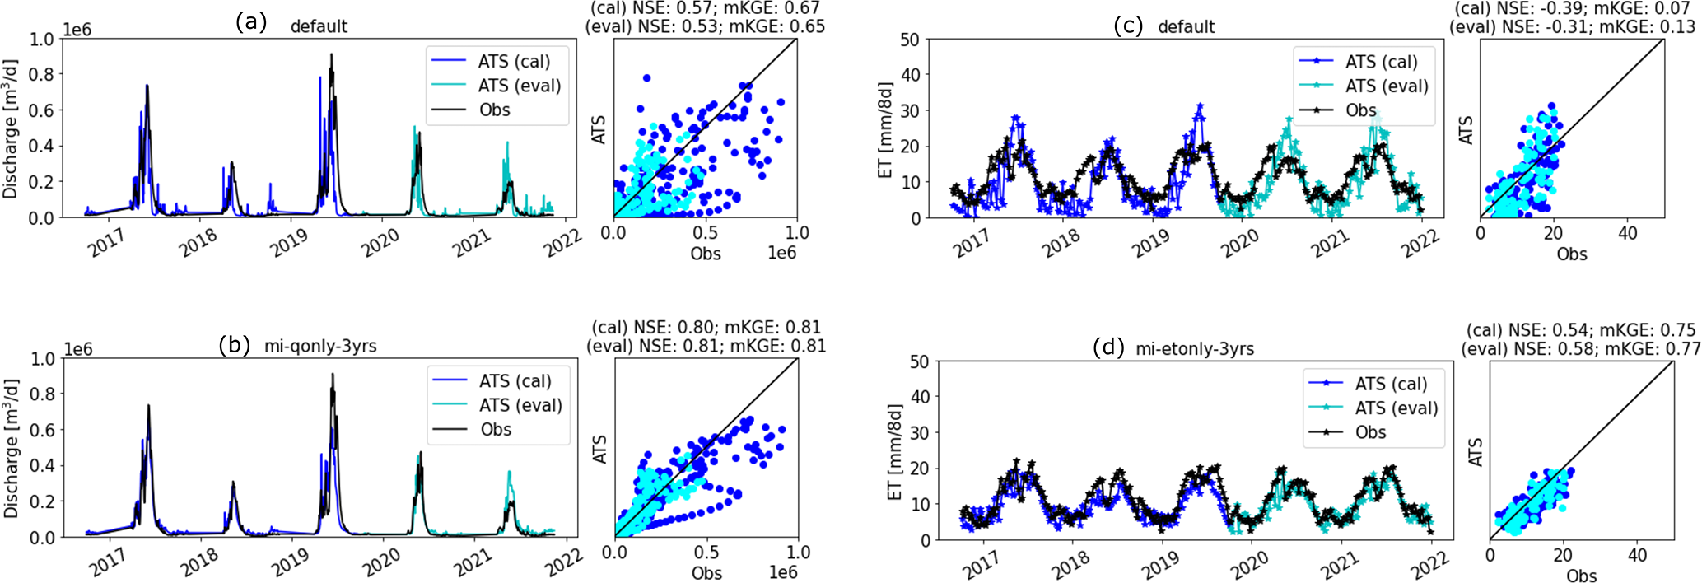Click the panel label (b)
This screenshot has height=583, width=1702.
(235, 344)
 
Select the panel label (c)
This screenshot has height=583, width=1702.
(1127, 26)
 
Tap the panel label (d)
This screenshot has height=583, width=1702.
(1109, 347)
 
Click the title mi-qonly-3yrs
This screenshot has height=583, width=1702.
(320, 346)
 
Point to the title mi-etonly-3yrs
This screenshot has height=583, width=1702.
(1195, 348)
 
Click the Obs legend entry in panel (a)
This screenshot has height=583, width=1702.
(494, 110)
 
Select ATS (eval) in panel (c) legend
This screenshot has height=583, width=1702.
(1387, 86)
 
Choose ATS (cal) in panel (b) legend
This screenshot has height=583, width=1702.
(515, 380)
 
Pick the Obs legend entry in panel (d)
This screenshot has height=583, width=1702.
(1370, 432)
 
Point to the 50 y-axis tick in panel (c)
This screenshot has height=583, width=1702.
(909, 40)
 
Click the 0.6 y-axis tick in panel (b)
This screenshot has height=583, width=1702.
(43, 430)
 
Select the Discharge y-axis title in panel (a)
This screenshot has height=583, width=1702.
(11, 128)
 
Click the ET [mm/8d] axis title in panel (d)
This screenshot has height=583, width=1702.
(895, 451)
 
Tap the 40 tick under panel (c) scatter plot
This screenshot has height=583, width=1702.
(1627, 234)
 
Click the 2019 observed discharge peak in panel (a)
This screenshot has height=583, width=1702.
(332, 55)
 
